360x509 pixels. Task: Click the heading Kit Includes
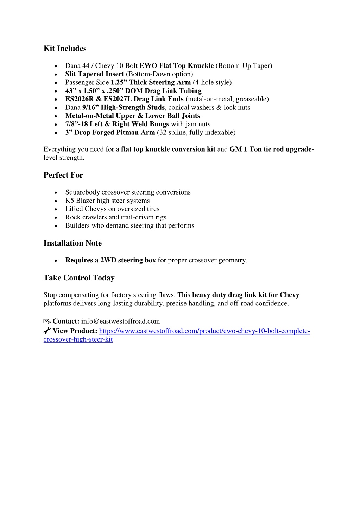(65, 49)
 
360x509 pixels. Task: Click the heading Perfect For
(63, 175)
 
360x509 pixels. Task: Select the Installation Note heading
(72, 243)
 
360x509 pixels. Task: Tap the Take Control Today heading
(79, 278)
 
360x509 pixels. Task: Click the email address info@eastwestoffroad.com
(120, 321)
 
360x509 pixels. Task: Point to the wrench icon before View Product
(47, 331)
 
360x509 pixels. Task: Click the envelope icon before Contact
(47, 321)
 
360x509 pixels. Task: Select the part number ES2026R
(79, 99)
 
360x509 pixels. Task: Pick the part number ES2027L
(118, 99)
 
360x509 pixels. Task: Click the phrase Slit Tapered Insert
(94, 74)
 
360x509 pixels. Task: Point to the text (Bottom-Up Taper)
(244, 66)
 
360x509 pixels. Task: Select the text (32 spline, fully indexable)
(196, 133)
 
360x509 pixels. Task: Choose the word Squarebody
(82, 192)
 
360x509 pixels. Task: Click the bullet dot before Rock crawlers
(56, 218)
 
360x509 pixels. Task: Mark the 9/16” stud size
(90, 108)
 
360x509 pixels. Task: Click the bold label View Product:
(75, 331)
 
